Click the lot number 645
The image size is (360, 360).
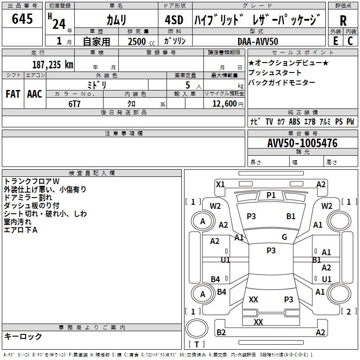pyautogui.click(x=22, y=19)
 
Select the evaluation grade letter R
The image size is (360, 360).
pyautogui.click(x=343, y=20)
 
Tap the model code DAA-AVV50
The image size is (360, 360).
pyautogui.click(x=258, y=41)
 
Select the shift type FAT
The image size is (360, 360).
pyautogui.click(x=13, y=94)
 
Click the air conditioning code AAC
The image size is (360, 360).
pyautogui.click(x=34, y=94)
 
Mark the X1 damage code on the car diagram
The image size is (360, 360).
pyautogui.click(x=220, y=184)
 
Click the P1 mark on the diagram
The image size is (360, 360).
pyautogui.click(x=271, y=195)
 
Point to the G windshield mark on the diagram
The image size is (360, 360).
pyautogui.click(x=284, y=237)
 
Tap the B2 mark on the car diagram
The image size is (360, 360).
pyautogui.click(x=221, y=333)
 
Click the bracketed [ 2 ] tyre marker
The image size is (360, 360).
pyautogui.click(x=348, y=311)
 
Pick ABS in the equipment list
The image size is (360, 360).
pyautogui.click(x=294, y=121)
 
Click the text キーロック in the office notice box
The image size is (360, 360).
pyautogui.click(x=23, y=336)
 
